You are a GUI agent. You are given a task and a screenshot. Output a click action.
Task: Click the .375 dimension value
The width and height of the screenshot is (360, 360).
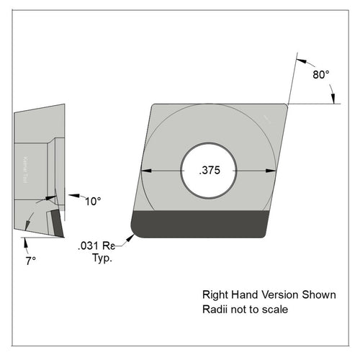point(209,171)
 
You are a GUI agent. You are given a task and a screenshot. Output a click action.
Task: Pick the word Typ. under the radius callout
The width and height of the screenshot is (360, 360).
point(102,258)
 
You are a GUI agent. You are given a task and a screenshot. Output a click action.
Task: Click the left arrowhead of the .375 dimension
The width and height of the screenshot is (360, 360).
point(145,171)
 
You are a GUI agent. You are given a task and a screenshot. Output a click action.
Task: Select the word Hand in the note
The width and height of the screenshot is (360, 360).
point(244,295)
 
